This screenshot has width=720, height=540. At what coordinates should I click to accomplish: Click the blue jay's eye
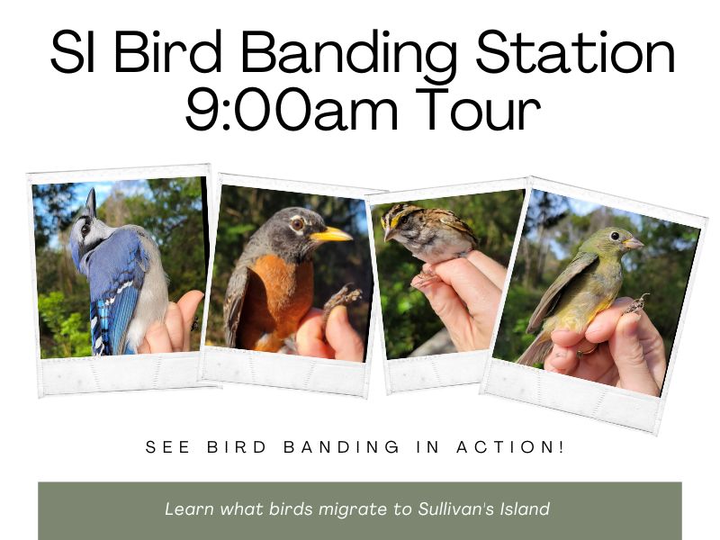(x=85, y=229)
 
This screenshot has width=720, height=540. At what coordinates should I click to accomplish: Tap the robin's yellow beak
(x=330, y=235)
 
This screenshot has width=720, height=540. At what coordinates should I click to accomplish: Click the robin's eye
(x=298, y=224)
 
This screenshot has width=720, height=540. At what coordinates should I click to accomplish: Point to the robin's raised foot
(x=343, y=298)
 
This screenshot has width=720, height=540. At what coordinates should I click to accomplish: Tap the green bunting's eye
(x=615, y=236)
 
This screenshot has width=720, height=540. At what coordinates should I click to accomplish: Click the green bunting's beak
(x=634, y=243)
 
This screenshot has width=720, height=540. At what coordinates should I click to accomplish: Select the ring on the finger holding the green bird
(x=583, y=351)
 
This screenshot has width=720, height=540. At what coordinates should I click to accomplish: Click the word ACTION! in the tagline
(x=509, y=447)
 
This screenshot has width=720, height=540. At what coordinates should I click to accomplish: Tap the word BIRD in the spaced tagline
(x=237, y=447)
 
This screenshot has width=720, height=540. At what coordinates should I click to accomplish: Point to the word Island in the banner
(x=526, y=509)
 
